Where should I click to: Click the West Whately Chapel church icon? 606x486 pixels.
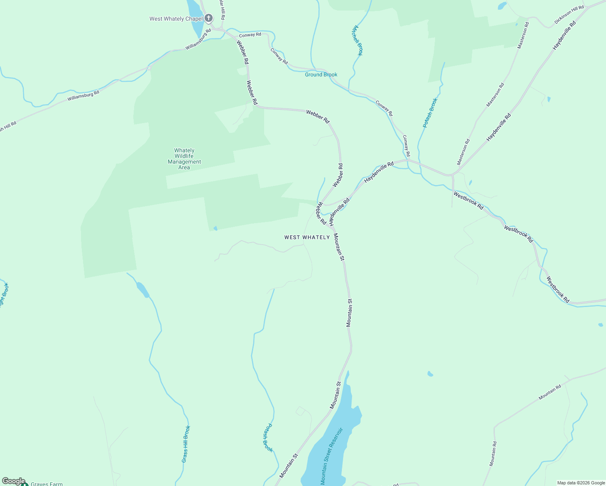point(208,18)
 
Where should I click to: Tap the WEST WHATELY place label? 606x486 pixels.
point(307,237)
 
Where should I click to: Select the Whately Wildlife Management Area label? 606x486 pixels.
point(184,159)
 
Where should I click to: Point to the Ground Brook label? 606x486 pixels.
point(321,75)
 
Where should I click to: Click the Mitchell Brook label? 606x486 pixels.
point(358,40)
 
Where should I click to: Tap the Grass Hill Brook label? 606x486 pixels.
point(186,444)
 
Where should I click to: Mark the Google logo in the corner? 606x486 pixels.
point(14,481)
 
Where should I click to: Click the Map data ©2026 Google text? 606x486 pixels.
point(581,483)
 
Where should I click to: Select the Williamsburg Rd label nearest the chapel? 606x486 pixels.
point(198,39)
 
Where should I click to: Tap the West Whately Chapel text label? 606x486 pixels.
point(176,19)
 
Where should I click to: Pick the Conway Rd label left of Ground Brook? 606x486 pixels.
point(279,56)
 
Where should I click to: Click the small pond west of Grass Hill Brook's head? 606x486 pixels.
point(142,290)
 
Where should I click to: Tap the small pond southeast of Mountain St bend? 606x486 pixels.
point(430,374)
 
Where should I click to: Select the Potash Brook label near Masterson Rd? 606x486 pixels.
point(430,113)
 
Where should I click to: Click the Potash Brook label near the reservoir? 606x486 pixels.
point(268,438)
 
